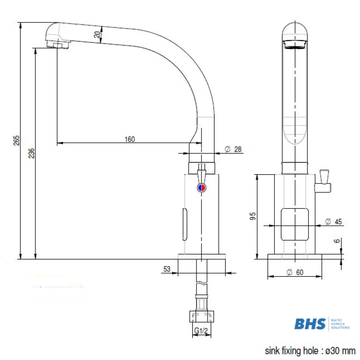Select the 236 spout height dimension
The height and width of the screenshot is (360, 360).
click(31, 154)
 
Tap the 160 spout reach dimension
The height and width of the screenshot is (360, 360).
click(130, 139)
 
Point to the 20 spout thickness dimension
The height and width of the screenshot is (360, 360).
click(97, 35)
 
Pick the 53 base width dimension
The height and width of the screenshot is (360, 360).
click(167, 269)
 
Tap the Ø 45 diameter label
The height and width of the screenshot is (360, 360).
click(333, 222)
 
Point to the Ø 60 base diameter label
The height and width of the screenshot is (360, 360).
click(295, 273)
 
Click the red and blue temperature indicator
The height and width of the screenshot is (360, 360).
click(202, 188)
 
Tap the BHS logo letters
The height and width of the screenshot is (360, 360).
click(310, 324)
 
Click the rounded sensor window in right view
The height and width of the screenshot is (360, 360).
click(295, 224)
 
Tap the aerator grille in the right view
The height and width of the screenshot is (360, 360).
click(294, 44)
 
